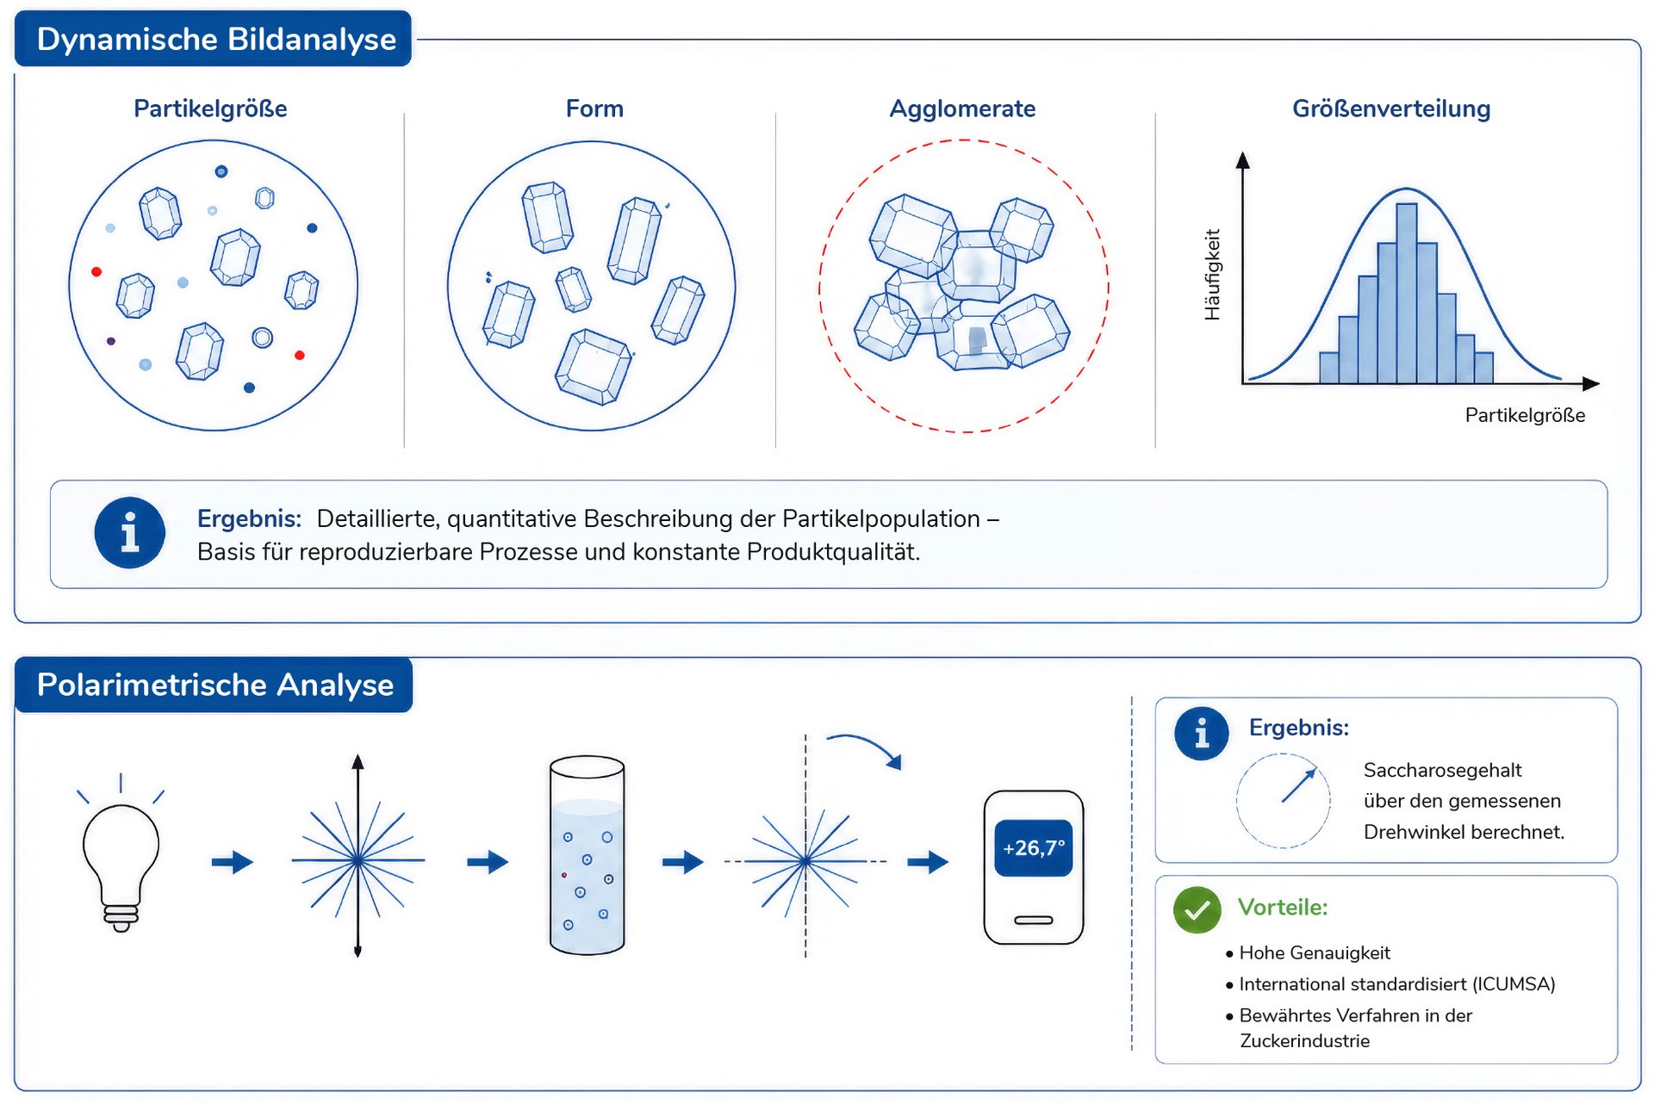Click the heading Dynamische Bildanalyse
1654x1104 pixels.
(x=216, y=40)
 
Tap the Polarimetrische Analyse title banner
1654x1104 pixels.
(x=214, y=685)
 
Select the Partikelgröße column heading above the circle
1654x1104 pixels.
(x=210, y=109)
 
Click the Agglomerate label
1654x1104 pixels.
(x=962, y=109)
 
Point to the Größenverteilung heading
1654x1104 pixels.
(x=1391, y=109)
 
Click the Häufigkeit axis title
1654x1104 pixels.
(x=1213, y=275)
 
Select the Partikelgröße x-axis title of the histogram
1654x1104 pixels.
(x=1525, y=415)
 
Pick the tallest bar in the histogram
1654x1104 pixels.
(x=1407, y=293)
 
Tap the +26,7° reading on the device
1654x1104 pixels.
(x=1034, y=848)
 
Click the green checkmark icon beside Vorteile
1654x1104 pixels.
(x=1197, y=909)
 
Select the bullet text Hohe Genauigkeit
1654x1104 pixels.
(x=1315, y=952)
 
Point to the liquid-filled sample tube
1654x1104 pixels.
(x=587, y=855)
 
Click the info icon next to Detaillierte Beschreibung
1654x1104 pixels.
(x=129, y=533)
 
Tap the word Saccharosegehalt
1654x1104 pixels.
(x=1442, y=770)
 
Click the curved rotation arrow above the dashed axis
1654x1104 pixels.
(x=865, y=746)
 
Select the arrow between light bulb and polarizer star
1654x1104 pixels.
(x=233, y=861)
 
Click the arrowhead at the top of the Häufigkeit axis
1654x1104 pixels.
(x=1242, y=160)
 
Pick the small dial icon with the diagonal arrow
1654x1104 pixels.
(x=1283, y=801)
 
